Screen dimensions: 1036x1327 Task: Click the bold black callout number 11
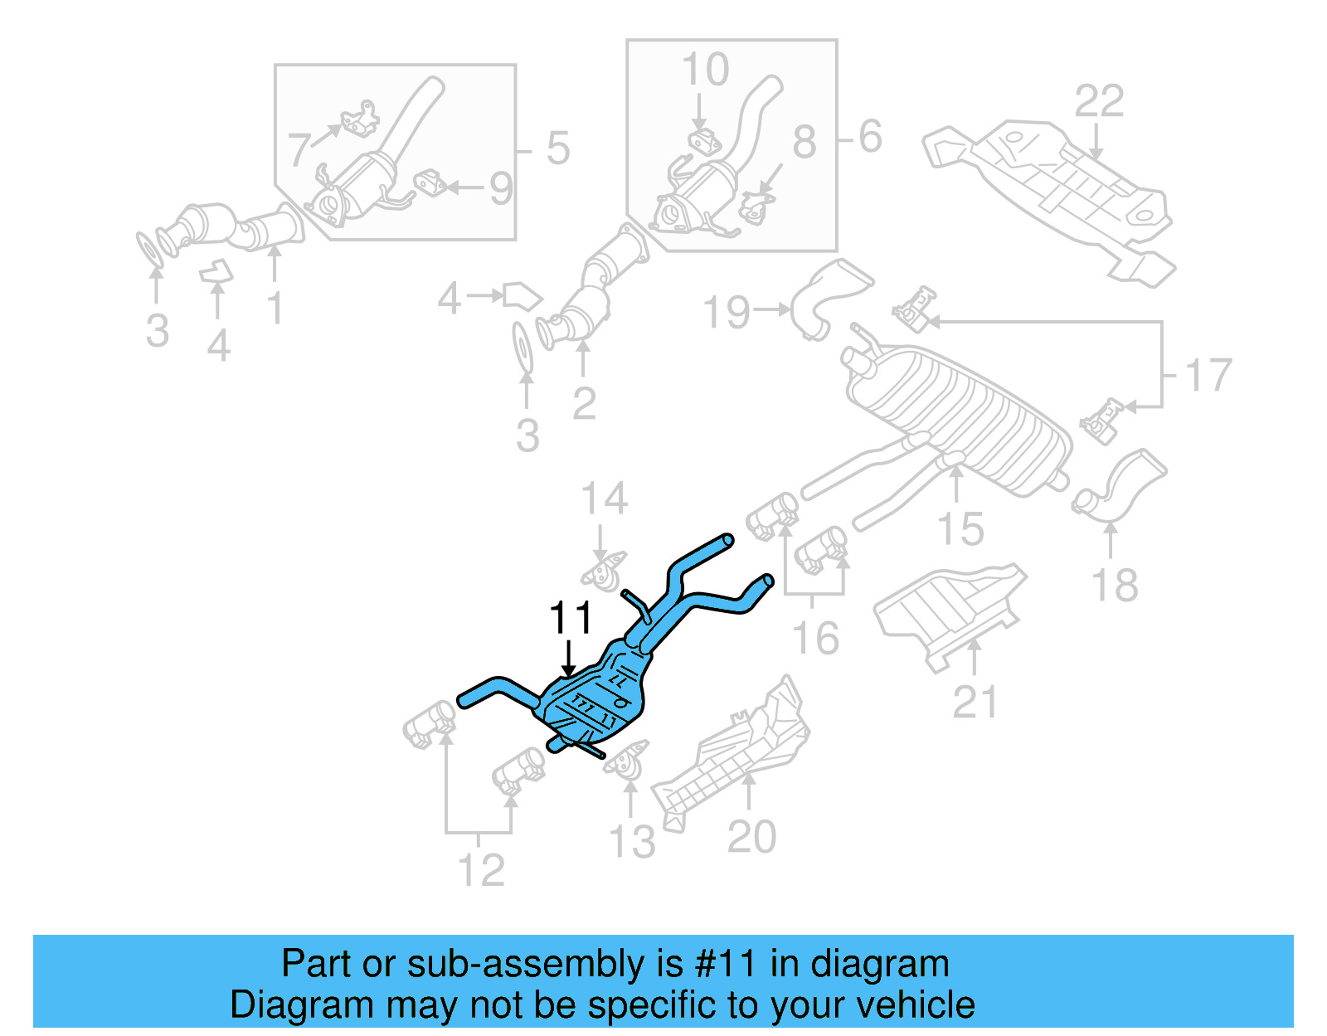pyautogui.click(x=571, y=619)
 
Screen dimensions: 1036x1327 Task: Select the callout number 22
pyautogui.click(x=1099, y=101)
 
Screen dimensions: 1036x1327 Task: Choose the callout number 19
pyautogui.click(x=726, y=313)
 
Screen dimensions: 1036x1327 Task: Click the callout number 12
pyautogui.click(x=481, y=870)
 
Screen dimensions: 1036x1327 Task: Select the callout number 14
pyautogui.click(x=604, y=499)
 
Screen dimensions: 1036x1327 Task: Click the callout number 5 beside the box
pyautogui.click(x=557, y=148)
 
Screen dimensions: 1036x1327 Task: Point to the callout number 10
pyautogui.click(x=705, y=70)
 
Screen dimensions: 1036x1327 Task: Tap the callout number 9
pyautogui.click(x=501, y=189)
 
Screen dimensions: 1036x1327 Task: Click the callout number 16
pyautogui.click(x=816, y=638)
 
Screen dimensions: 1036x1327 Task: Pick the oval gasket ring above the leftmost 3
pyautogui.click(x=149, y=249)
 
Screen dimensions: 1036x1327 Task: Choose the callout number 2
pyautogui.click(x=584, y=404)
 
